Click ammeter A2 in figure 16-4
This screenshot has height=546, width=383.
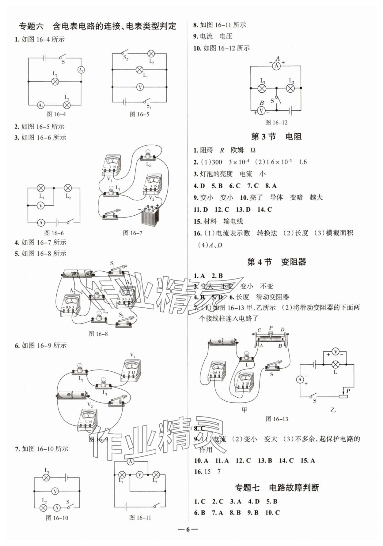(x=81, y=70)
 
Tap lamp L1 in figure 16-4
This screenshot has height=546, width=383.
(x=55, y=81)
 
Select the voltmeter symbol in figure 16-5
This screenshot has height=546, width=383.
(x=140, y=87)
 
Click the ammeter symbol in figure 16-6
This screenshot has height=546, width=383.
(x=41, y=223)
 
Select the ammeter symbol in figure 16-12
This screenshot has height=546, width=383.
(x=276, y=66)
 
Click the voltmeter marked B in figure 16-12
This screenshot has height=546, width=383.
(x=261, y=111)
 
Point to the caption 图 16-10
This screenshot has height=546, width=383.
(x=57, y=518)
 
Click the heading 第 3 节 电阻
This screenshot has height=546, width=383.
(x=276, y=137)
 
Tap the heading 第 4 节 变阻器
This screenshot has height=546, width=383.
(x=276, y=262)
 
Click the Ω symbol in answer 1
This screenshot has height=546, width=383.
(x=253, y=150)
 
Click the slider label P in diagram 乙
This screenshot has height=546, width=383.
(x=348, y=391)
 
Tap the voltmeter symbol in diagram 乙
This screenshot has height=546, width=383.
(x=336, y=352)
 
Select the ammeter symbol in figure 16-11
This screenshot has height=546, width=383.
(x=131, y=461)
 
